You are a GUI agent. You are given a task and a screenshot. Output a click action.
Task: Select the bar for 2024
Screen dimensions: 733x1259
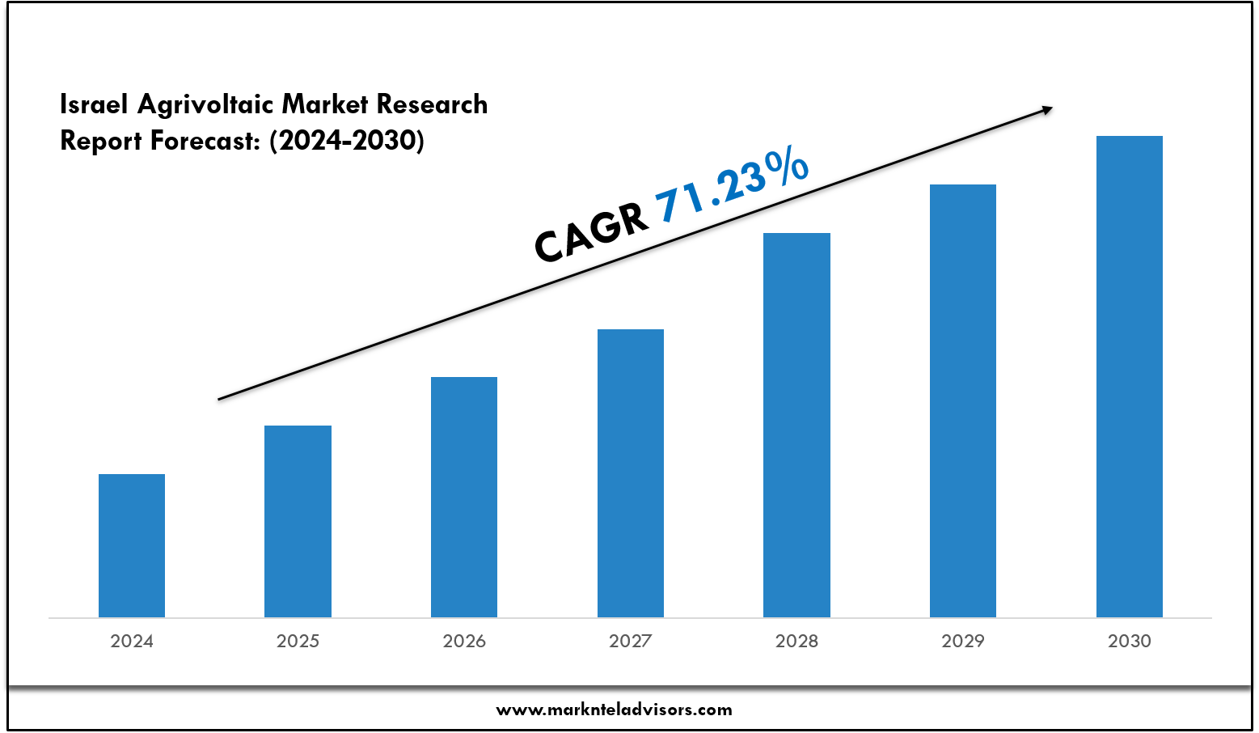tap(132, 545)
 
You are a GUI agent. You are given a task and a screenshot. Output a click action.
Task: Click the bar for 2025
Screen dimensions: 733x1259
tap(298, 521)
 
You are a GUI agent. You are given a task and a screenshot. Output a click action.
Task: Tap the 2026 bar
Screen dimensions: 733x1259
tap(464, 497)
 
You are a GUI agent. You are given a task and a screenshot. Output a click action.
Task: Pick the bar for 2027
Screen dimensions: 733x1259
tap(631, 473)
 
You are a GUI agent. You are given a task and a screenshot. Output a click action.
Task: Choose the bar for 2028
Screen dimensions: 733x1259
tap(796, 425)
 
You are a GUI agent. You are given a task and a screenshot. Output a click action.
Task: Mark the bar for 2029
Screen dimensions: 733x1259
tap(963, 400)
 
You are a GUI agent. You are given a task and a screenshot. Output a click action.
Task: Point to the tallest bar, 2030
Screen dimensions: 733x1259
tap(1129, 376)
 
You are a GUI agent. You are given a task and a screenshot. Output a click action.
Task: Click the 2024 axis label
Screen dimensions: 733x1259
tap(132, 642)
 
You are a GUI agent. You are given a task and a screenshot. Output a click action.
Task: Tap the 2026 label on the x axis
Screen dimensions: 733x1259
tap(464, 642)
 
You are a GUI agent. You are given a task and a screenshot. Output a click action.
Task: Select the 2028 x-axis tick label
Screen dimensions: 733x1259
tap(796, 642)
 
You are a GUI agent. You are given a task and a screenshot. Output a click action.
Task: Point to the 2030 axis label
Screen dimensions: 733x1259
tap(1129, 642)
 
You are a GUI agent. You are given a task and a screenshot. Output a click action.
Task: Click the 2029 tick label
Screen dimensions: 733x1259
tap(963, 642)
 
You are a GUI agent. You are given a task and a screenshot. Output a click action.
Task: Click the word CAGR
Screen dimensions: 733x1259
tap(591, 233)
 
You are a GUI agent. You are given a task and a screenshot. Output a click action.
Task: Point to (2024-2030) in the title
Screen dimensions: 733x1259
tap(347, 141)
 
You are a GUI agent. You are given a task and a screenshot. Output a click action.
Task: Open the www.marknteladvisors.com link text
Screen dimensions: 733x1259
tap(614, 710)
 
